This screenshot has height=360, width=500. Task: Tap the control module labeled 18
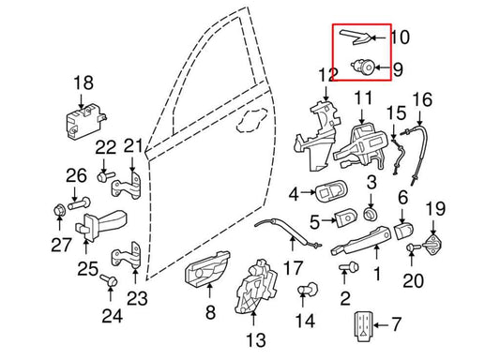pyautogui.click(x=82, y=120)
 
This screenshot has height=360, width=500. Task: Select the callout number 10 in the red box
pyautogui.click(x=400, y=38)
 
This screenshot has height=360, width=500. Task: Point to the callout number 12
pyautogui.click(x=326, y=74)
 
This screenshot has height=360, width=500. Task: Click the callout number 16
pyautogui.click(x=422, y=98)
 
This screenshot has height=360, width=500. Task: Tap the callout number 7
pyautogui.click(x=394, y=325)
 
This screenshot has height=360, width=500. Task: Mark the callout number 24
pyautogui.click(x=112, y=316)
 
